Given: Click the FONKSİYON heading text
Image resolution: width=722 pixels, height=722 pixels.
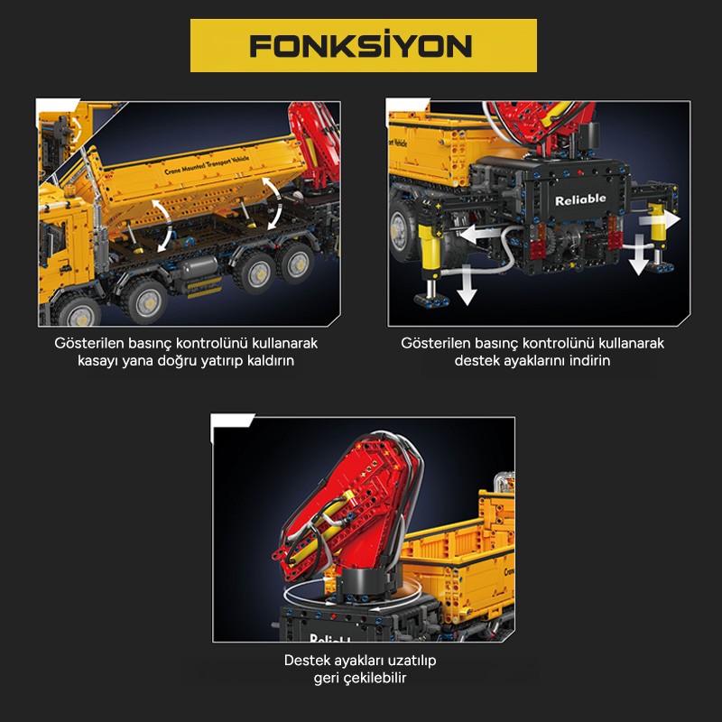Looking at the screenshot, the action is [x=361, y=45].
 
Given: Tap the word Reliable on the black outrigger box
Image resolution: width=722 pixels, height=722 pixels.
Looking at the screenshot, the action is [x=580, y=199].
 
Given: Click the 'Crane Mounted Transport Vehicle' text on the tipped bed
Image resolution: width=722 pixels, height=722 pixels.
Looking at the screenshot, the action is [x=207, y=165].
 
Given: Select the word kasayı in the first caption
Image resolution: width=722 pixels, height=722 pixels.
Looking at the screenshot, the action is [x=98, y=360].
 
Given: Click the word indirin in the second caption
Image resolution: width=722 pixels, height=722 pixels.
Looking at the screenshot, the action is [x=589, y=360].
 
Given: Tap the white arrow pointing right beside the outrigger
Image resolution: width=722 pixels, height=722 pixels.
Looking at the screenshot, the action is [x=660, y=219].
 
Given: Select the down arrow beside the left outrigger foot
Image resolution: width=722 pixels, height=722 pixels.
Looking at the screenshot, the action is [x=467, y=284].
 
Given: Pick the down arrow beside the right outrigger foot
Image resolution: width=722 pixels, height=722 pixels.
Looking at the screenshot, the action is [x=639, y=255].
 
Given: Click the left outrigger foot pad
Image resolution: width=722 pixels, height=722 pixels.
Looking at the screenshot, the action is [x=431, y=301].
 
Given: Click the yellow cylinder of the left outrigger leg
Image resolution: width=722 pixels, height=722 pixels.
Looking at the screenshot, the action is [x=430, y=249].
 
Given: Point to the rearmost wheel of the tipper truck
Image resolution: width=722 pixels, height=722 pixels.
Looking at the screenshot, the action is [x=295, y=262].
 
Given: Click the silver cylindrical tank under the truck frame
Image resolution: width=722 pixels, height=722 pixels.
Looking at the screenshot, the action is [x=199, y=267].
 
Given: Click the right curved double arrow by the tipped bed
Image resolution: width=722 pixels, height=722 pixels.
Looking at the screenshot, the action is [x=273, y=203].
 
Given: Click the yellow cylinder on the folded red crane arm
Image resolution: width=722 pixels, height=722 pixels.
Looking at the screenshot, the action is [x=322, y=526].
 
